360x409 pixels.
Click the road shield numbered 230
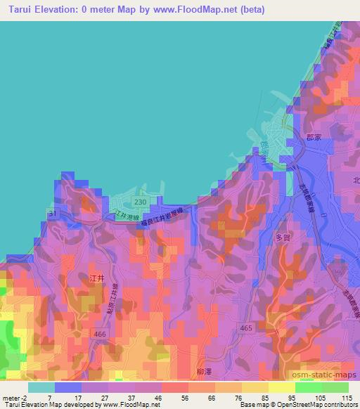pyautogui.click(x=140, y=202)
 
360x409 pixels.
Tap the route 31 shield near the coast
pyautogui.click(x=51, y=213)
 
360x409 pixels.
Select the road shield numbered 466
pyautogui.click(x=100, y=335)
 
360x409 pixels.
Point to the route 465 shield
pyautogui.click(x=245, y=327)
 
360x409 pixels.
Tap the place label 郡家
pyautogui.click(x=314, y=138)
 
